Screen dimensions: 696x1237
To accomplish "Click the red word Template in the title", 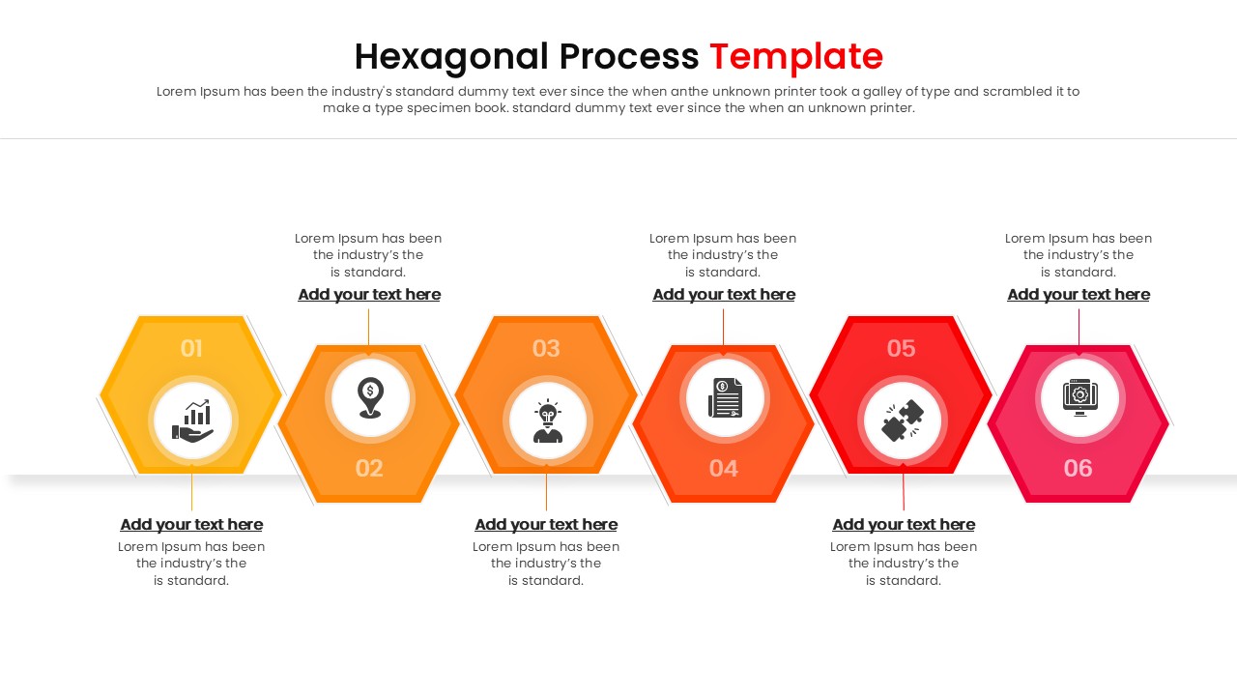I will tap(796, 57).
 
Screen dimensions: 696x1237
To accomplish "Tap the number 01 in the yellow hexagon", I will tap(191, 349).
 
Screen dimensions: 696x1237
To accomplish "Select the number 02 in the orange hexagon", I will tap(369, 469).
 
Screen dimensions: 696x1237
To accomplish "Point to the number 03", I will tap(546, 349).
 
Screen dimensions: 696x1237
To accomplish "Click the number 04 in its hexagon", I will tap(724, 469).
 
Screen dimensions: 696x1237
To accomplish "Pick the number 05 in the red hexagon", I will tap(901, 349).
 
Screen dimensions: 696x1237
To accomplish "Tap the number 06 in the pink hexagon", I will tap(1079, 469).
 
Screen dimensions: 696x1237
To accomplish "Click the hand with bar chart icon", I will tap(192, 420).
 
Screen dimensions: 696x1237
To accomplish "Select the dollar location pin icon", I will tap(370, 397).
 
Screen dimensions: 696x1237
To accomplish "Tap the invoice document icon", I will tap(724, 397).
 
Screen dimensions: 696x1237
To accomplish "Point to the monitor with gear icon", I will tap(1079, 397).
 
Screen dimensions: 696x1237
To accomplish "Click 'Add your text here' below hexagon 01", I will tap(191, 525).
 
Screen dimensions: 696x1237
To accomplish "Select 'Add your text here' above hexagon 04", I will tap(724, 295).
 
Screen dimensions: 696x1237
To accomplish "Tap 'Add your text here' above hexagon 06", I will tap(1079, 295).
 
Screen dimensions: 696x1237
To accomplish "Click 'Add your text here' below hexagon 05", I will tap(904, 525).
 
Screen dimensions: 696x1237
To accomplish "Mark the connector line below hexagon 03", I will tap(546, 492).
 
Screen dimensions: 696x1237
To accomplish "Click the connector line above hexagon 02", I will tap(368, 326).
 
